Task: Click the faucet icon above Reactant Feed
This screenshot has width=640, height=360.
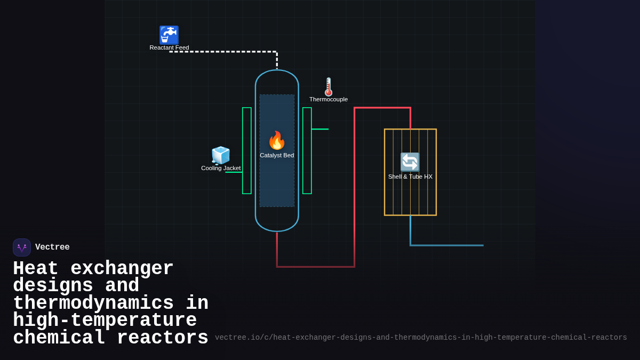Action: point(169,35)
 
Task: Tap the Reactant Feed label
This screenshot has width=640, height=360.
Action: point(169,47)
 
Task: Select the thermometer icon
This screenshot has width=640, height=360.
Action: point(329,86)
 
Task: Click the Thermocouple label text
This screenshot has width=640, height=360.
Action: point(329,99)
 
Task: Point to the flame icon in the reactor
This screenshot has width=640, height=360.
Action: point(277,140)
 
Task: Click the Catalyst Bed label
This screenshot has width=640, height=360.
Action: point(277,155)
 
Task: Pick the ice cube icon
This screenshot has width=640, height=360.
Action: point(221,155)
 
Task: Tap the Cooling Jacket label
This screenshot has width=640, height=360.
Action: point(221,168)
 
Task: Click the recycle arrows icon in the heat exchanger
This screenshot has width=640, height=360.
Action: point(410,162)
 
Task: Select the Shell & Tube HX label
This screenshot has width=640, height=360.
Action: point(410,177)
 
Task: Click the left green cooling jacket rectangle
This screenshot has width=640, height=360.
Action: point(247,151)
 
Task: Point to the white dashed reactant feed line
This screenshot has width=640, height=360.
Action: point(224,52)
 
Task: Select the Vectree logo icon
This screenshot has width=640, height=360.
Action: point(22,247)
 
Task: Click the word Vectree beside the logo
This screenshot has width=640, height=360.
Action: point(52,247)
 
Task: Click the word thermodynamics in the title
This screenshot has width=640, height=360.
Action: point(93,303)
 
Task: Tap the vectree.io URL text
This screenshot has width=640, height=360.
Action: point(421,338)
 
